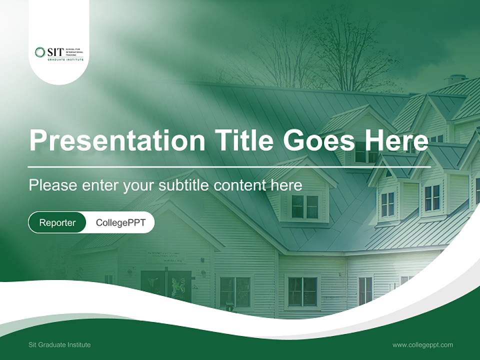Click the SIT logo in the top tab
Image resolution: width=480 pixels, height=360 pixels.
[x=59, y=53]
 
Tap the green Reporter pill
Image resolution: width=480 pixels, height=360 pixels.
[x=57, y=222]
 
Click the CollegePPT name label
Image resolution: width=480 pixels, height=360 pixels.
[x=120, y=222]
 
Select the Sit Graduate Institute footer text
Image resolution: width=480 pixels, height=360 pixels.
[x=59, y=344]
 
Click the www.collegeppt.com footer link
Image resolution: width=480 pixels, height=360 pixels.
[x=422, y=344]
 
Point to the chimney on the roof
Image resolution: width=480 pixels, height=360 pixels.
[x=456, y=79]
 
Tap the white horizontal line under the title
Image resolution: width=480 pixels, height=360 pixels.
[x=229, y=166]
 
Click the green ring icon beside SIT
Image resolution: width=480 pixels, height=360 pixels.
[x=40, y=52]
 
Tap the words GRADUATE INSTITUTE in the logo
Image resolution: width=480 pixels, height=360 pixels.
[x=65, y=59]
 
